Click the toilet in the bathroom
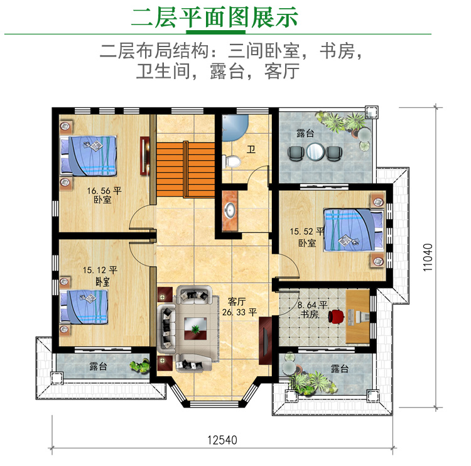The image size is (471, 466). click(x=232, y=161)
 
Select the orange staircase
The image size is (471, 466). click(x=186, y=170)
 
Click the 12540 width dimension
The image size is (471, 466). click(x=222, y=440)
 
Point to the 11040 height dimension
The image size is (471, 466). click(x=428, y=257)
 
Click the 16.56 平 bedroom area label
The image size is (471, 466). click(x=104, y=191)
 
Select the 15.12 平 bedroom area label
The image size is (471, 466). click(x=100, y=270)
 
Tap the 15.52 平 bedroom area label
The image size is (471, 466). click(x=307, y=231)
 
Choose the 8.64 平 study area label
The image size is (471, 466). click(x=312, y=305)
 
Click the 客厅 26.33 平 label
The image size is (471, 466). click(x=239, y=306)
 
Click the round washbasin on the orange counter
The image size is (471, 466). click(x=230, y=210)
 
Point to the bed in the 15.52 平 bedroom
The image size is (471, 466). click(x=354, y=230)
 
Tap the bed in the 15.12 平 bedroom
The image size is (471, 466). click(x=84, y=306)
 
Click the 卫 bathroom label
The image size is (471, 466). click(x=251, y=149)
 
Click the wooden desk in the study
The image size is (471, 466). click(x=357, y=316)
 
